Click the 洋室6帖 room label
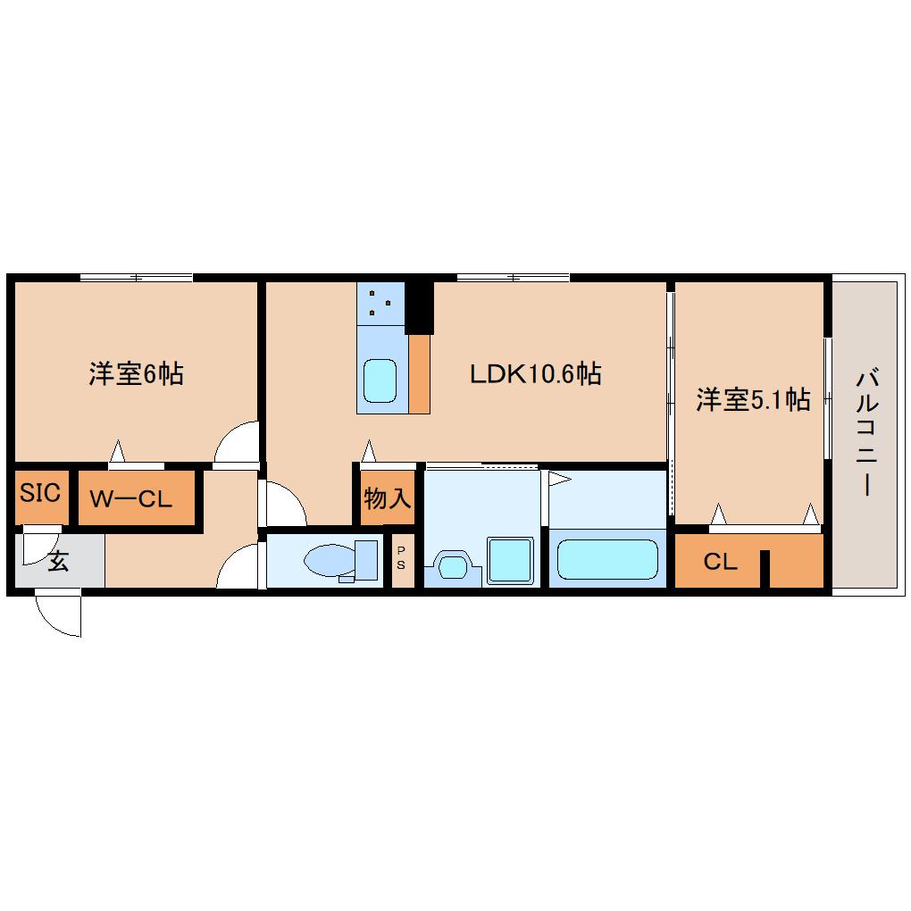pyautogui.click(x=136, y=373)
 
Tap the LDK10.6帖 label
pyautogui.click(x=535, y=373)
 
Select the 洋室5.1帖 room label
pyautogui.click(x=753, y=400)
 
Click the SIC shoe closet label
pyautogui.click(x=40, y=493)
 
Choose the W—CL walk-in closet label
pyautogui.click(x=131, y=499)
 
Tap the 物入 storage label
pyautogui.click(x=388, y=498)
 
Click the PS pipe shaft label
pyautogui.click(x=401, y=558)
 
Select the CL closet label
pyautogui.click(x=720, y=562)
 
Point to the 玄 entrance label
pyautogui.click(x=57, y=562)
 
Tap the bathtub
pyautogui.click(x=607, y=560)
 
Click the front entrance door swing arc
pyautogui.click(x=59, y=616)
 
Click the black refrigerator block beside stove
pyautogui.click(x=419, y=307)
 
